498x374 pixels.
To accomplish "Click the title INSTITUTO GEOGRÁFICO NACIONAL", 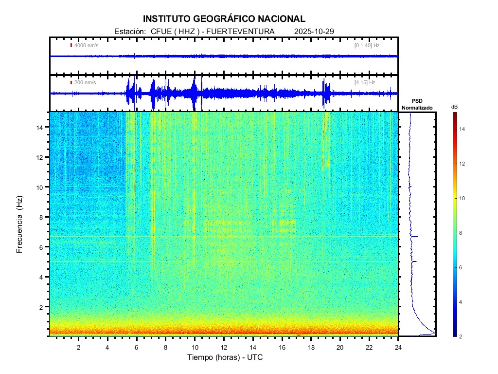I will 224,19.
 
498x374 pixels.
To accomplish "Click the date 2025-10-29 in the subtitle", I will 314,32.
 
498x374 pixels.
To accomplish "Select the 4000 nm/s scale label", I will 86,45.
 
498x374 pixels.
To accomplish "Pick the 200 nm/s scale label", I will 85,82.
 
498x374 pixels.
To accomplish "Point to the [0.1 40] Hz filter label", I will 367,45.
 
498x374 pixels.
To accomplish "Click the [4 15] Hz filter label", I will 365,82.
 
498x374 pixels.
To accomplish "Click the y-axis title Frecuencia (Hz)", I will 20,226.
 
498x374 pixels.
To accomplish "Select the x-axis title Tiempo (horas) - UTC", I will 225,357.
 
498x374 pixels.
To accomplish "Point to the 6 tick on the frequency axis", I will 44,247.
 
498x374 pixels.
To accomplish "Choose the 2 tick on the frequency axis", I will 44,307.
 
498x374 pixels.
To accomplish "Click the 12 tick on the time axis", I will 224,347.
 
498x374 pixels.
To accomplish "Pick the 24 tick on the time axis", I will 398,347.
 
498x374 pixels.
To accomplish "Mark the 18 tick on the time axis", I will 311,347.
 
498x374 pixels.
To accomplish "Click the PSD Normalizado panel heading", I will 417,104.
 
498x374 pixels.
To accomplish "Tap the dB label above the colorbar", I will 454,107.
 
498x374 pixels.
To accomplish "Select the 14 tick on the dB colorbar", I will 463,129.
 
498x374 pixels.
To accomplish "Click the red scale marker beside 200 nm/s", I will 71,82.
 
